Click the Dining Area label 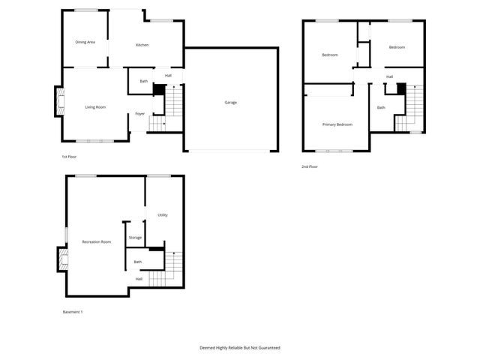(85, 42)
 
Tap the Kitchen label (142, 46)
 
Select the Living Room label (95, 107)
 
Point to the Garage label (230, 102)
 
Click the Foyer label (139, 114)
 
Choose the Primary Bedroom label (337, 124)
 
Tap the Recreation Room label (97, 241)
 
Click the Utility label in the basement (163, 215)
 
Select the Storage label (135, 238)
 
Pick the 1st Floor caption (69, 157)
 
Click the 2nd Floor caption (310, 166)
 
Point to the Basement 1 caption (72, 312)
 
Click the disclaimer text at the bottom (239, 348)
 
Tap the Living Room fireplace (58, 102)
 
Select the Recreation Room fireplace (62, 259)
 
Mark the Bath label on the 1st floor (143, 81)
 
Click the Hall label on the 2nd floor (389, 76)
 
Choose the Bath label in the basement (137, 262)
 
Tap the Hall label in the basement (139, 279)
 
